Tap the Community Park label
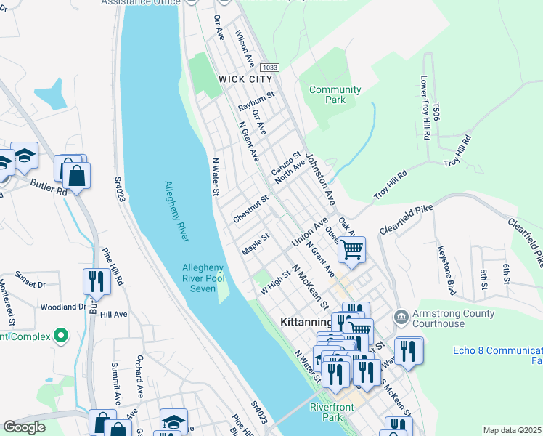(335, 94)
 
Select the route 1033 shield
(268, 67)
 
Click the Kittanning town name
(306, 320)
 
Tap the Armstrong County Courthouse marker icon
(400, 318)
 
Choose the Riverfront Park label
(332, 412)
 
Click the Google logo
(24, 427)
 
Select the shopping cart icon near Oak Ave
(352, 251)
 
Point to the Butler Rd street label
(49, 187)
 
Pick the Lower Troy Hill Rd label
(427, 108)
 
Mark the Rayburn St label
(256, 101)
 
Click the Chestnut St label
(251, 209)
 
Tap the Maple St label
(256, 243)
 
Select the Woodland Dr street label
(63, 307)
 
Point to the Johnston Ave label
(319, 177)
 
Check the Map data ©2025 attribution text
(512, 430)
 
